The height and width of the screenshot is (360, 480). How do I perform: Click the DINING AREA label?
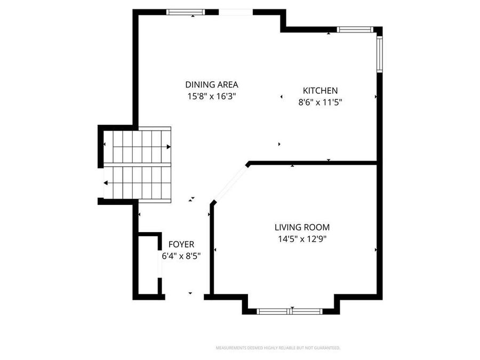[211, 84]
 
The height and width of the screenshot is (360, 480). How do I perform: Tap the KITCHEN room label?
[320, 91]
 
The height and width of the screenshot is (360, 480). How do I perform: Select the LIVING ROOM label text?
[302, 227]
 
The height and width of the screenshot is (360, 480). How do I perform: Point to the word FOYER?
[181, 244]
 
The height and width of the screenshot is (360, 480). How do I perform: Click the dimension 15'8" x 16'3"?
[211, 97]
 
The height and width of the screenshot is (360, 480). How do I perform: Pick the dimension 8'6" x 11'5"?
[320, 102]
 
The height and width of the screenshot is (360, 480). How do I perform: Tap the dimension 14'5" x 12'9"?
[302, 239]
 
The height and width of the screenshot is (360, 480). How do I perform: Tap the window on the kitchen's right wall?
[379, 53]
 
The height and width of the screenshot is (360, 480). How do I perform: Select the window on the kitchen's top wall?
[354, 30]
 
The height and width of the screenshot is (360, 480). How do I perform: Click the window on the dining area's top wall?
[186, 12]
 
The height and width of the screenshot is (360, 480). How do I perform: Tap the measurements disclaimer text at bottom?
[277, 348]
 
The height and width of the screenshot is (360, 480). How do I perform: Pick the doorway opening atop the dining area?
[235, 12]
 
